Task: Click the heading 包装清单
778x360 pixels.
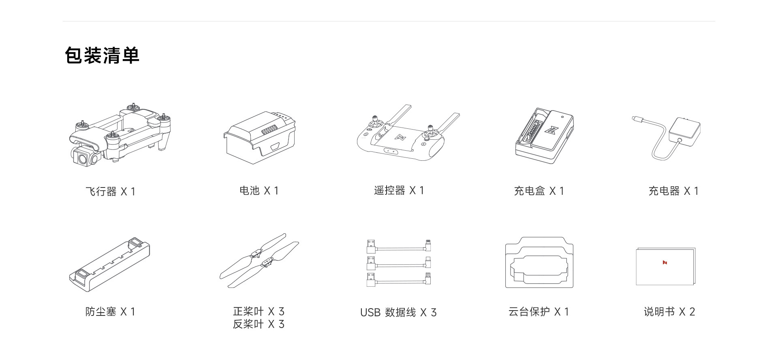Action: coord(102,55)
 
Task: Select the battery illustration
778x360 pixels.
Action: coord(259,138)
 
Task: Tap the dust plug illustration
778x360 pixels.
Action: coord(109,264)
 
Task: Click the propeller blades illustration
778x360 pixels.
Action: coord(259,260)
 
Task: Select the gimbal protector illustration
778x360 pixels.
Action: coord(539,263)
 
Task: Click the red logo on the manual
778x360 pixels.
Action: coord(665,262)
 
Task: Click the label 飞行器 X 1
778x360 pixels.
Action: coord(110,191)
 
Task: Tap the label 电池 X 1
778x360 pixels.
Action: coord(259,191)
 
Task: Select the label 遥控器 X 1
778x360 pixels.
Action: coord(399,190)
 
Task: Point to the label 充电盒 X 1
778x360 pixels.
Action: coord(539,191)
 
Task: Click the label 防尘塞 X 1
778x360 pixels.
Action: coord(110,311)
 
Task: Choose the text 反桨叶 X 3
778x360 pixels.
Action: coord(259,324)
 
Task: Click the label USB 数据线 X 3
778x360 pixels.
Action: coord(398,312)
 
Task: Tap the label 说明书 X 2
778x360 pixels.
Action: coord(669,311)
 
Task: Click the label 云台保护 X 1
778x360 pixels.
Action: coord(539,311)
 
